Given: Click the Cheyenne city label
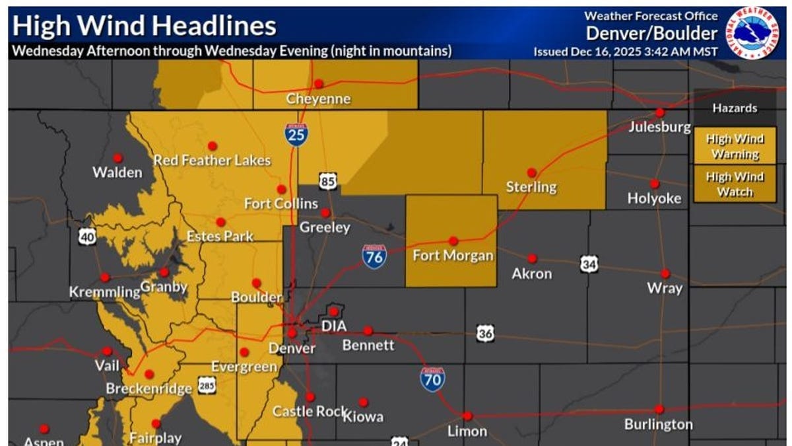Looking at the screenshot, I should [318, 98].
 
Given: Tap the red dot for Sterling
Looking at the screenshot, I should [531, 172].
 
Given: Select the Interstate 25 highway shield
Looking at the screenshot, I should [295, 134].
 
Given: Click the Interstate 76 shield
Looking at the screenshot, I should [374, 256].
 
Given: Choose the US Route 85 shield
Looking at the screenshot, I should [327, 180].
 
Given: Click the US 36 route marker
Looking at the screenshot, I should [485, 334].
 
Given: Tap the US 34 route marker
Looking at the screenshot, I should [589, 264].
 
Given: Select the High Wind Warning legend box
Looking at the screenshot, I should [735, 146].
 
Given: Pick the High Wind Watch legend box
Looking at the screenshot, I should [735, 184].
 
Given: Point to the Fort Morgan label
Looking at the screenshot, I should [453, 255].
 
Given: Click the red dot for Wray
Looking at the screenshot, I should [665, 274].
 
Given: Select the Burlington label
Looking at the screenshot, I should [658, 424].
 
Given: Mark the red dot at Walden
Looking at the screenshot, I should [117, 158].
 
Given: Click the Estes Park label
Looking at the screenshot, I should [220, 236].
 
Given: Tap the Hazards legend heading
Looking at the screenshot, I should [735, 108].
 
